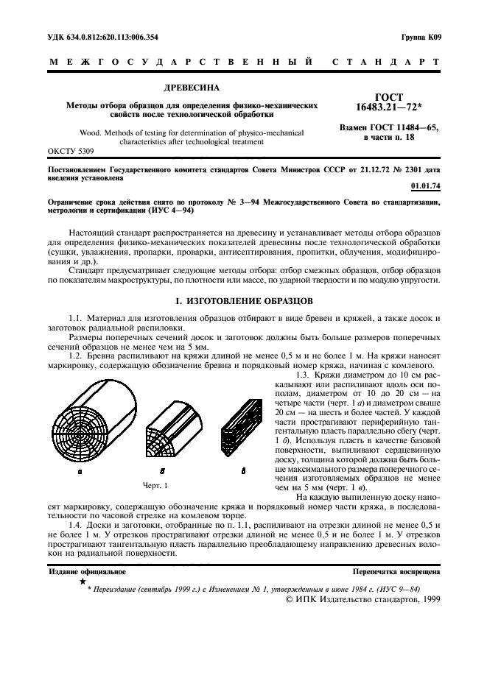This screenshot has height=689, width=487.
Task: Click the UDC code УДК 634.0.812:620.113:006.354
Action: tap(104, 37)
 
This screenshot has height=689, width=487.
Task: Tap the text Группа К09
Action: tap(421, 37)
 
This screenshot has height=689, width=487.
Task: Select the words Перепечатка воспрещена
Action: tap(396, 570)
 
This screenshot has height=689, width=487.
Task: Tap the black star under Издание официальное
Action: tap(83, 581)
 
